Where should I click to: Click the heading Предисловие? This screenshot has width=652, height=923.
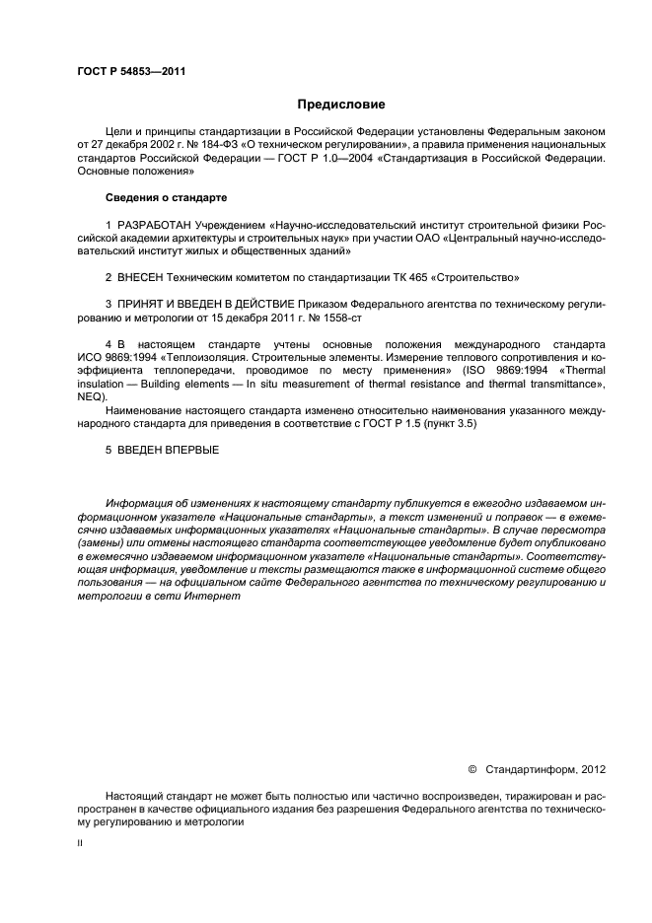[341, 104]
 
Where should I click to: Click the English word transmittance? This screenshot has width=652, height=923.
[567, 385]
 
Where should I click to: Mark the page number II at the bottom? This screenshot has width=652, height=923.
[81, 842]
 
